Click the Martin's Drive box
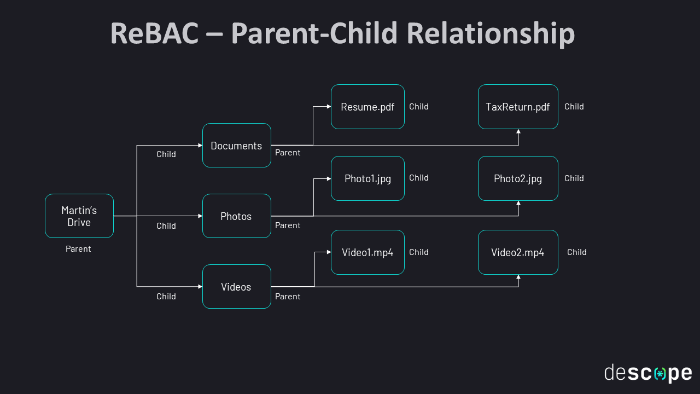pyautogui.click(x=79, y=216)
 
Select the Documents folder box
pyautogui.click(x=237, y=146)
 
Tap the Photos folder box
pyautogui.click(x=237, y=216)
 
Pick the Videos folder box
pyautogui.click(x=237, y=287)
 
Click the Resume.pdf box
pyautogui.click(x=367, y=107)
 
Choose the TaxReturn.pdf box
pyautogui.click(x=518, y=107)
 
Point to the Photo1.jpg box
pyautogui.click(x=367, y=178)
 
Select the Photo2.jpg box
pyautogui.click(x=518, y=178)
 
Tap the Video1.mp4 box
pyautogui.click(x=367, y=252)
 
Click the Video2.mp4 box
pyautogui.click(x=518, y=252)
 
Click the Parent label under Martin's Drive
pyautogui.click(x=78, y=249)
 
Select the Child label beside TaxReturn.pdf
pyautogui.click(x=574, y=107)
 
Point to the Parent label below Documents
pyautogui.click(x=288, y=153)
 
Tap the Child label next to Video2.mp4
pyautogui.click(x=577, y=252)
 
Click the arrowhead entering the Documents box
pyautogui.click(x=200, y=146)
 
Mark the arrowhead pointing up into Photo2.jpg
pyautogui.click(x=518, y=203)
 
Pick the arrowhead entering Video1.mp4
pyautogui.click(x=329, y=252)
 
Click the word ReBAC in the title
pyautogui.click(x=154, y=34)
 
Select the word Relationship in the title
pyautogui.click(x=490, y=34)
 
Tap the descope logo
pyautogui.click(x=648, y=373)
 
